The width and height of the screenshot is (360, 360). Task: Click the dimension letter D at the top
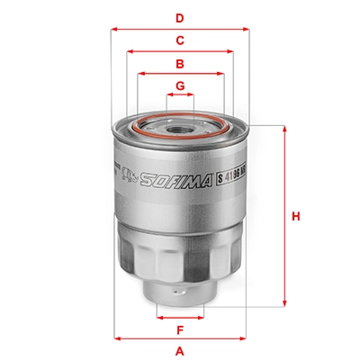pos(180,17)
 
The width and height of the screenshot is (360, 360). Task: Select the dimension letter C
pos(180,40)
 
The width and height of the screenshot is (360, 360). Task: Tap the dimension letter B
pos(180,63)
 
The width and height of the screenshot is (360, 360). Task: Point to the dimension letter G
pos(180,85)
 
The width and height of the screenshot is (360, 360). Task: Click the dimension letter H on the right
pos(295,216)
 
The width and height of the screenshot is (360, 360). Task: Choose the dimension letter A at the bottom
pos(180,350)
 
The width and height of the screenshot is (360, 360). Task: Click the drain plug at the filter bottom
pos(180,296)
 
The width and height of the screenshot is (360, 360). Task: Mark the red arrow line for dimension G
pos(180,95)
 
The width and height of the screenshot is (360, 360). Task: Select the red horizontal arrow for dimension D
pos(180,28)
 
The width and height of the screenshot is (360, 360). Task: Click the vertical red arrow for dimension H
pos(284,216)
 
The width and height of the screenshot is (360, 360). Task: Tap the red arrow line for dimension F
pos(180,317)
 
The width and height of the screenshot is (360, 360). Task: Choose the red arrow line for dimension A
pos(180,339)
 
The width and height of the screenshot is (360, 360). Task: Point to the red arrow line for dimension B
pos(180,73)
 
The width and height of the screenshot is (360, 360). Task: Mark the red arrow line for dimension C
pos(180,50)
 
